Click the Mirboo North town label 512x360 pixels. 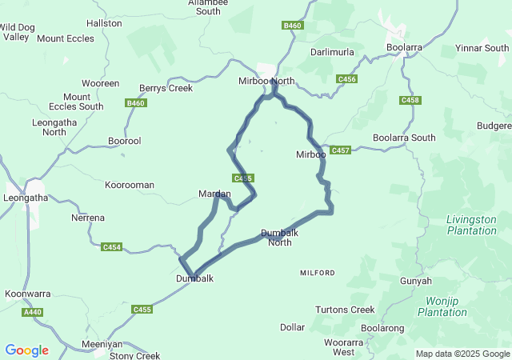(267, 81)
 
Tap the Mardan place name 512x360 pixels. (214, 194)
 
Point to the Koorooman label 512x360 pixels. (130, 185)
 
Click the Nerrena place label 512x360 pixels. (88, 218)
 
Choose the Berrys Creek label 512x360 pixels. (166, 88)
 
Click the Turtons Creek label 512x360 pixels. (345, 310)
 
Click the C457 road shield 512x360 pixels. (341, 150)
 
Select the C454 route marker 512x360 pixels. (112, 247)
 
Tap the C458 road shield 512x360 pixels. (410, 100)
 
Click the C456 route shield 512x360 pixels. (346, 78)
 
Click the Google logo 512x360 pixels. (26, 350)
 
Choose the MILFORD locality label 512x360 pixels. (318, 273)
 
